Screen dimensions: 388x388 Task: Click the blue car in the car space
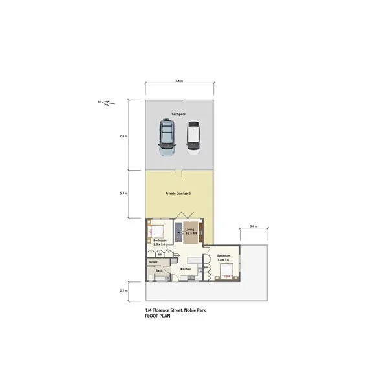click(167, 137)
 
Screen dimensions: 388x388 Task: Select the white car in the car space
click(193, 138)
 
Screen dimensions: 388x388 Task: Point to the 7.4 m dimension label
click(179, 81)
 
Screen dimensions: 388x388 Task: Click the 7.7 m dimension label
click(123, 136)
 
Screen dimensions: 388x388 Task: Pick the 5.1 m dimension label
click(123, 193)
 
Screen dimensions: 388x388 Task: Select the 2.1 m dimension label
click(123, 291)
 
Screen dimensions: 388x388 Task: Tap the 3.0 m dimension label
click(253, 227)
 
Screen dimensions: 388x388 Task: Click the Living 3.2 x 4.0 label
click(189, 232)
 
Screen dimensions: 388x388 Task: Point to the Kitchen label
click(186, 269)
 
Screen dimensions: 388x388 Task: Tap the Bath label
click(159, 270)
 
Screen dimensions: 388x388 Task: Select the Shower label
click(153, 261)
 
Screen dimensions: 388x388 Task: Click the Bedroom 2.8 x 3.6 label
click(160, 242)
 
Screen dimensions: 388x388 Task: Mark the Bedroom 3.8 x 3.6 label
click(224, 257)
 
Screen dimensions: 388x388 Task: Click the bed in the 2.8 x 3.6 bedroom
click(158, 230)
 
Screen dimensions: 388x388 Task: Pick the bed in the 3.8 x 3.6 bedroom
click(226, 271)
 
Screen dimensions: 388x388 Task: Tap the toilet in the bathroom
click(150, 277)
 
